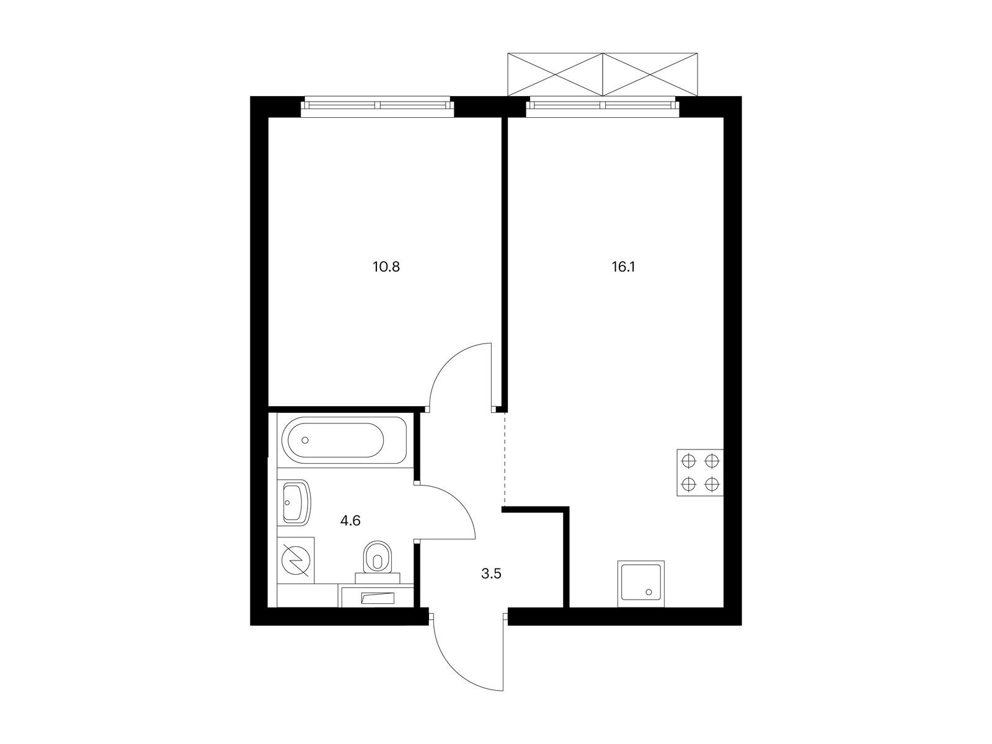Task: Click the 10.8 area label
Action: (386, 267)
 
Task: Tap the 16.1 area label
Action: (623, 267)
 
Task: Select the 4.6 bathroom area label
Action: (350, 521)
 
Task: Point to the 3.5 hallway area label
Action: (491, 574)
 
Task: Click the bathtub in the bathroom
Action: (344, 440)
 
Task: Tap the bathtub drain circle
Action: (305, 440)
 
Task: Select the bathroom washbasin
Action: (296, 502)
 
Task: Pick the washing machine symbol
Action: (295, 560)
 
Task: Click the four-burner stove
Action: (699, 472)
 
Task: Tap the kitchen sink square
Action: (641, 583)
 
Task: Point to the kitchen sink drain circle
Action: (649, 591)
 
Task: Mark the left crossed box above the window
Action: (556, 74)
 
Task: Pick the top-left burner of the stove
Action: (688, 461)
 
